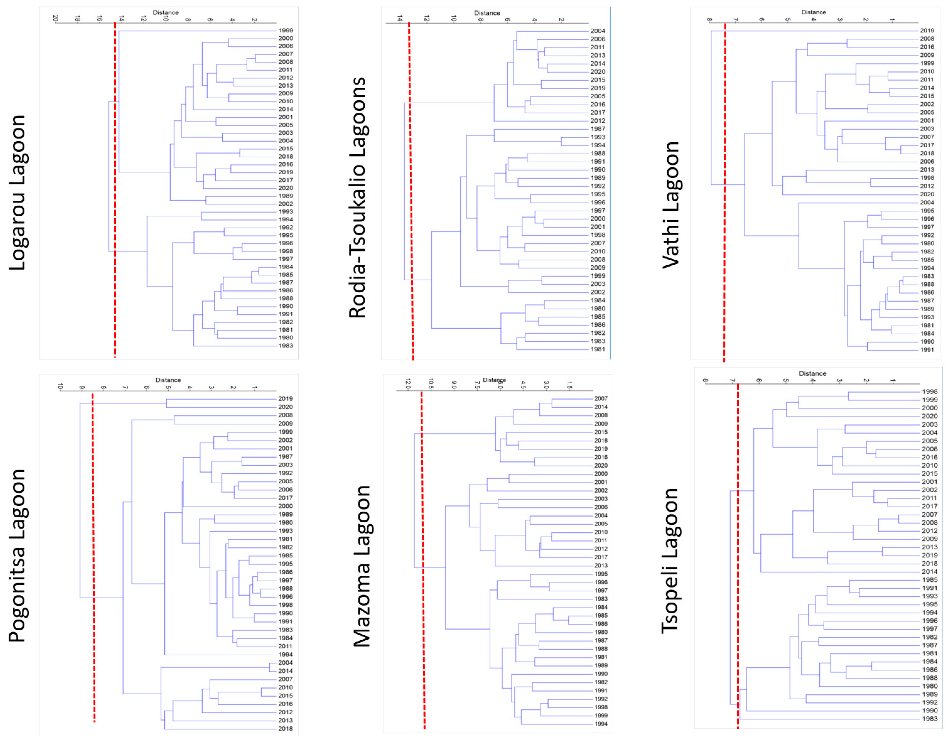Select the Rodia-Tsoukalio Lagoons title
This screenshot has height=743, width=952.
pyautogui.click(x=357, y=197)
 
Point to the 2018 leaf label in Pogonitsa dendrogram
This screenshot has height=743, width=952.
pyautogui.click(x=285, y=729)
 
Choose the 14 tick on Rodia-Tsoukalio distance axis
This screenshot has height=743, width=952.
pyautogui.click(x=400, y=19)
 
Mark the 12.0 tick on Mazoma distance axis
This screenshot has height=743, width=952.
pyautogui.click(x=408, y=384)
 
